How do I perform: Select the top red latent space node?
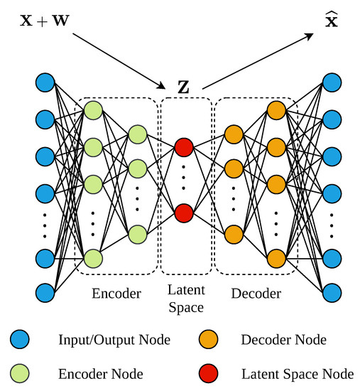(x=184, y=147)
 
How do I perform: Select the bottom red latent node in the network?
(x=184, y=213)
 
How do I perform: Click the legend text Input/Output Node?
(x=114, y=341)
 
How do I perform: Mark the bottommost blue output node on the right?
(x=332, y=292)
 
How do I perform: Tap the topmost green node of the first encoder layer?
(x=93, y=111)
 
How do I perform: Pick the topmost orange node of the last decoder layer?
(x=276, y=110)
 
